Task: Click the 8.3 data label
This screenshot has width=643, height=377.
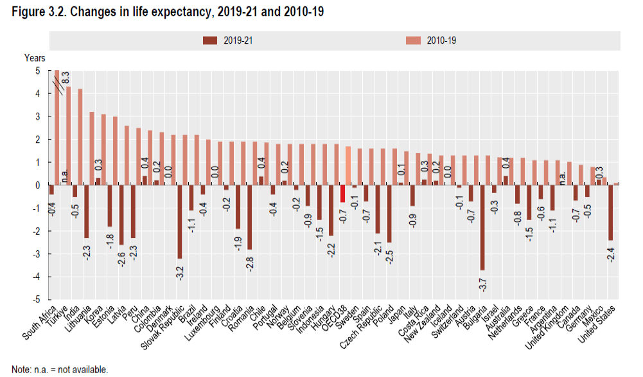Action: point(66,78)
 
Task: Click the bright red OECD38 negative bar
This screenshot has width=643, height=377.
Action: point(343,194)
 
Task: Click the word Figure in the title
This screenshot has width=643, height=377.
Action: point(24,12)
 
